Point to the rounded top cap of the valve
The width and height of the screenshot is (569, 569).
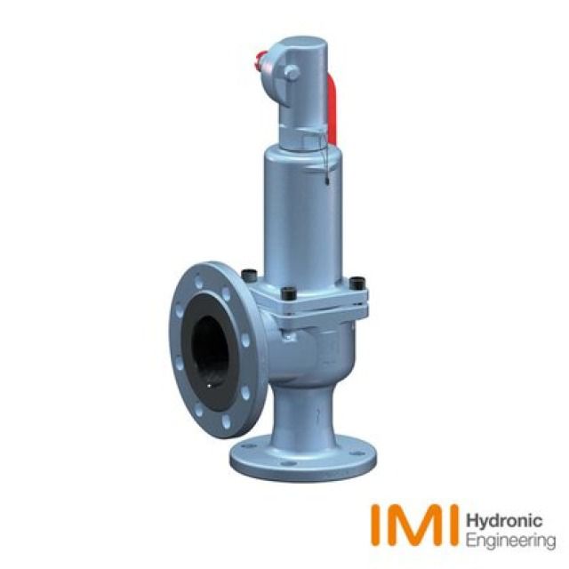point(301,49)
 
